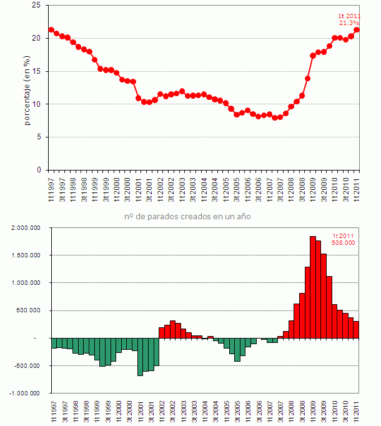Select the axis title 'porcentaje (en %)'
point(27,91)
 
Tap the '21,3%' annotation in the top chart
point(349,22)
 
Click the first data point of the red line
point(51,29)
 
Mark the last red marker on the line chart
point(357,29)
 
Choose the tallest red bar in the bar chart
point(312,287)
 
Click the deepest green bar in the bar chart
point(140,357)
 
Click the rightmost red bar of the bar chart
point(356,330)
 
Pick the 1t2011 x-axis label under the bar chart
point(357,410)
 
